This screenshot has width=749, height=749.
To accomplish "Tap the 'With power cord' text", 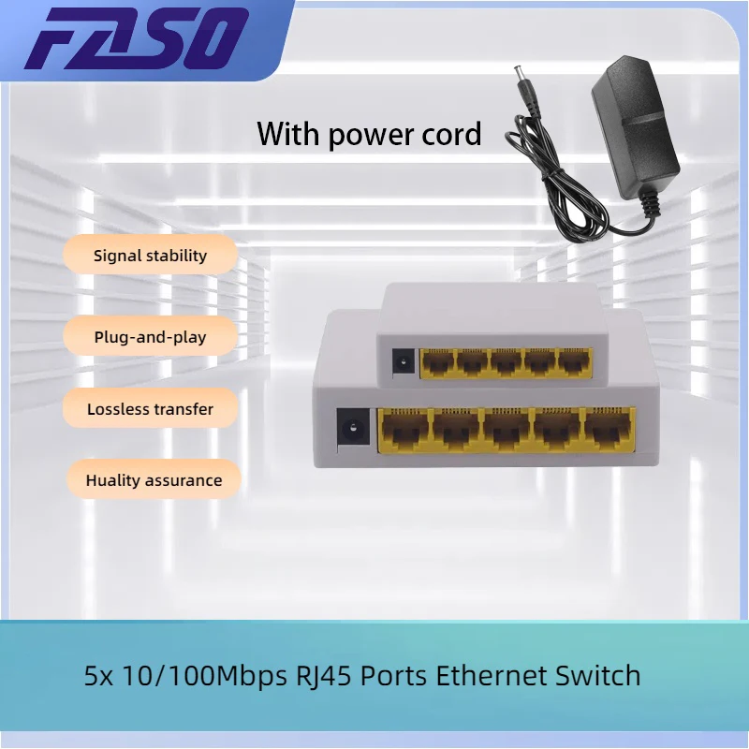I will coord(369,134).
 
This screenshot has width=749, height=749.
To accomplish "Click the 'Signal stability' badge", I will coord(150,255).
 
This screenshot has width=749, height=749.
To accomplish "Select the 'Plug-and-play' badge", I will coord(150,336).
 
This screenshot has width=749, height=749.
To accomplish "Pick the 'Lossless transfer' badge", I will coord(150,409).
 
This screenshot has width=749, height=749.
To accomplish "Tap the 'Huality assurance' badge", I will coord(154,480).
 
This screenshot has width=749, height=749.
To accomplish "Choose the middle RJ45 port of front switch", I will coord(507,432).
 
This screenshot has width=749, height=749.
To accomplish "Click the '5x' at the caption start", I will coord(99,675).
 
